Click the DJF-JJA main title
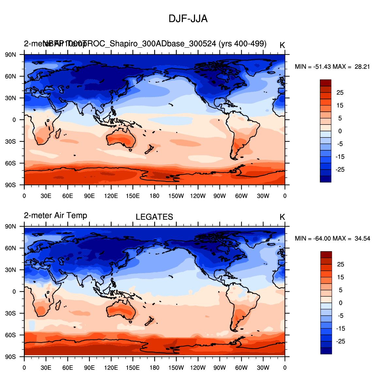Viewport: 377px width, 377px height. tap(188, 19)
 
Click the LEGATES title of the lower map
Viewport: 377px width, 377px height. tap(154, 217)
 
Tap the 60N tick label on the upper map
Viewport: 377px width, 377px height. tap(10, 76)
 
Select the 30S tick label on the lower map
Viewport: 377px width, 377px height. tap(10, 313)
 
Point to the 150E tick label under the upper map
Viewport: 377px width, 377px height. tap(133, 196)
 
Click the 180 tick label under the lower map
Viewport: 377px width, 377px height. tap(155, 368)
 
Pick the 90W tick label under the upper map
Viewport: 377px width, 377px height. tap(220, 196)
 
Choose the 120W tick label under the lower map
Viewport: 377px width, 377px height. tap(198, 368)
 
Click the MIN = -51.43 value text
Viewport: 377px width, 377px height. tap(313, 67)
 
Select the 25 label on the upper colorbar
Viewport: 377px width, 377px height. tap(340, 93)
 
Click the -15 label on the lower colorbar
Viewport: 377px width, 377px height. tap(340, 329)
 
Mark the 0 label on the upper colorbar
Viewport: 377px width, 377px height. tap(340, 131)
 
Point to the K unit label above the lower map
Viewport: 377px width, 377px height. tap(282, 217)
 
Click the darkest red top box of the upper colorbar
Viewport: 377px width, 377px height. tap(325, 83)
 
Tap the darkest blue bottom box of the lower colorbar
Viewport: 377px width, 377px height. tap(326, 351)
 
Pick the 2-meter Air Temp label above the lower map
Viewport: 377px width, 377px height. tap(56, 216)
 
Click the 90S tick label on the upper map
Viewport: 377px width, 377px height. tap(10, 185)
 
